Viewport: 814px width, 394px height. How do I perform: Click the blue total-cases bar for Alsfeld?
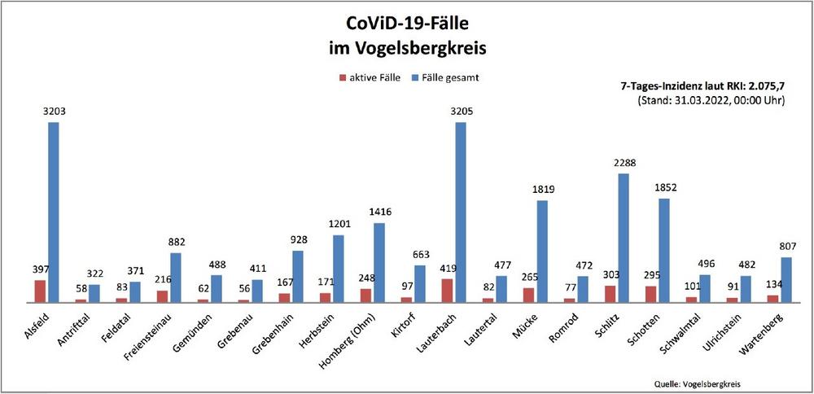(x=53, y=212)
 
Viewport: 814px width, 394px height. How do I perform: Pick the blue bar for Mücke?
(x=542, y=251)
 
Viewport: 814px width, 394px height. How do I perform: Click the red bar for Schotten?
(x=650, y=294)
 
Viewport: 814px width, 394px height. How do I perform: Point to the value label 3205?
(x=461, y=112)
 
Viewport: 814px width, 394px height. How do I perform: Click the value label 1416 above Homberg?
(x=379, y=212)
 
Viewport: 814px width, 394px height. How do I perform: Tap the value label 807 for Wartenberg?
(x=786, y=247)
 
